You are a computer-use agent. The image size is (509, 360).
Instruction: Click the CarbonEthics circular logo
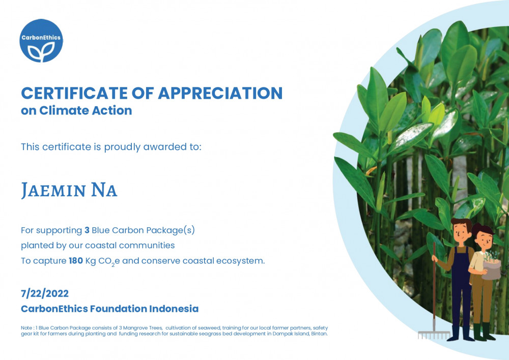(41, 41)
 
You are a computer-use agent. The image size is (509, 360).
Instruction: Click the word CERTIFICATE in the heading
(74, 93)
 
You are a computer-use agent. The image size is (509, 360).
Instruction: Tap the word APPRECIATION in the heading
(220, 93)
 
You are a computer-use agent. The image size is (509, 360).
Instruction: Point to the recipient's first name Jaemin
(53, 190)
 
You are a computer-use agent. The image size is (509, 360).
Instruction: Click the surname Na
(104, 190)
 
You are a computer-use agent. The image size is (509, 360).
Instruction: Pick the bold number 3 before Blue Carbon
(87, 230)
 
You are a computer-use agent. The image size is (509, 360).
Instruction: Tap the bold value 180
(76, 261)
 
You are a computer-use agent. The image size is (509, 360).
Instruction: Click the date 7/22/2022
(45, 293)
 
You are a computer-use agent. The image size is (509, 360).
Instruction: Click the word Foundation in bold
(119, 309)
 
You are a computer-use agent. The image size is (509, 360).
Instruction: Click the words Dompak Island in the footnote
(291, 334)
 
